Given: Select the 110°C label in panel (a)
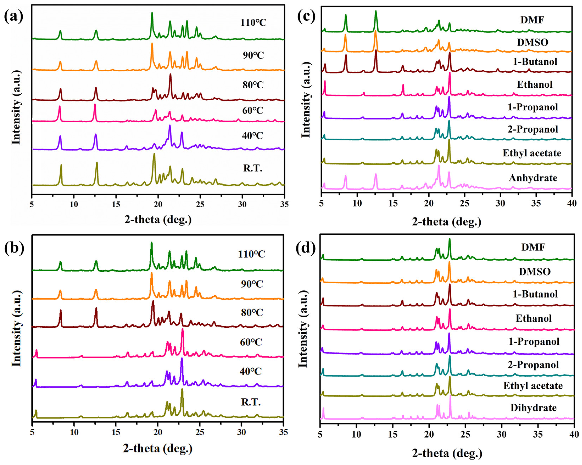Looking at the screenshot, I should click(x=253, y=22).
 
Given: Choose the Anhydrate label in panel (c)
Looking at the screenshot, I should click(x=533, y=178).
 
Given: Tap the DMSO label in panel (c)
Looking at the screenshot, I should click(x=532, y=42).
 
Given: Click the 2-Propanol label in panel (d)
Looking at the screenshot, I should click(x=533, y=365).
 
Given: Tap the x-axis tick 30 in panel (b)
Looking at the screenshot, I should click(x=241, y=432).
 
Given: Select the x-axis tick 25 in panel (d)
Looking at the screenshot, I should click(x=465, y=434).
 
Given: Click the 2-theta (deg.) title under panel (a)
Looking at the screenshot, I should click(x=158, y=220).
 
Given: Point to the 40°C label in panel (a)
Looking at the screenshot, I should click(x=252, y=135).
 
